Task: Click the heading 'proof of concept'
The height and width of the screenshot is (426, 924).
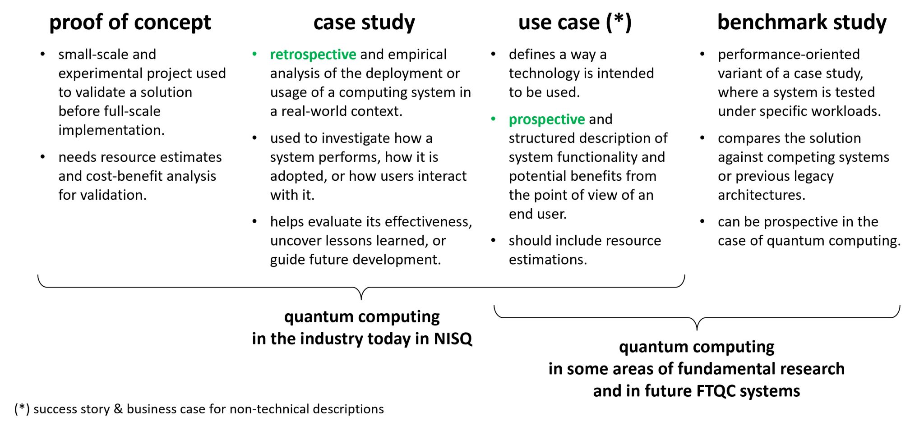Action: (x=130, y=23)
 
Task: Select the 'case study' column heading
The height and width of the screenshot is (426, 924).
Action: (x=364, y=23)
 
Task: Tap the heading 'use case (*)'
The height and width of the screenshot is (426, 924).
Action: (x=575, y=23)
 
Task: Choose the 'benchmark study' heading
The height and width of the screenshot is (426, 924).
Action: (x=802, y=23)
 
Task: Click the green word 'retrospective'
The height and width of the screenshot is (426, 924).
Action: (x=313, y=55)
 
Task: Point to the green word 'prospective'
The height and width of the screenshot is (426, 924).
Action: (x=547, y=119)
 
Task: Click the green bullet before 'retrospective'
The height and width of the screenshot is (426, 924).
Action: (x=255, y=55)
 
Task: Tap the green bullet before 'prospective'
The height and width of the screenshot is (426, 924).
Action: (x=494, y=119)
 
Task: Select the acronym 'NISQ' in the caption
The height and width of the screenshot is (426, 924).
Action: (x=453, y=339)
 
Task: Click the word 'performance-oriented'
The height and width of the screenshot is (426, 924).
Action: (x=789, y=55)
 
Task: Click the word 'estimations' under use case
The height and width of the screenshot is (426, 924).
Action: (x=547, y=260)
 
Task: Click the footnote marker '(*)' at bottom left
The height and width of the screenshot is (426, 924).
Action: (x=22, y=409)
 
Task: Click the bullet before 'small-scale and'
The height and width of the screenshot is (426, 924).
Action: (x=43, y=55)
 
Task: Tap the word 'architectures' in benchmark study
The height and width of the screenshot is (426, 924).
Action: (x=761, y=195)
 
